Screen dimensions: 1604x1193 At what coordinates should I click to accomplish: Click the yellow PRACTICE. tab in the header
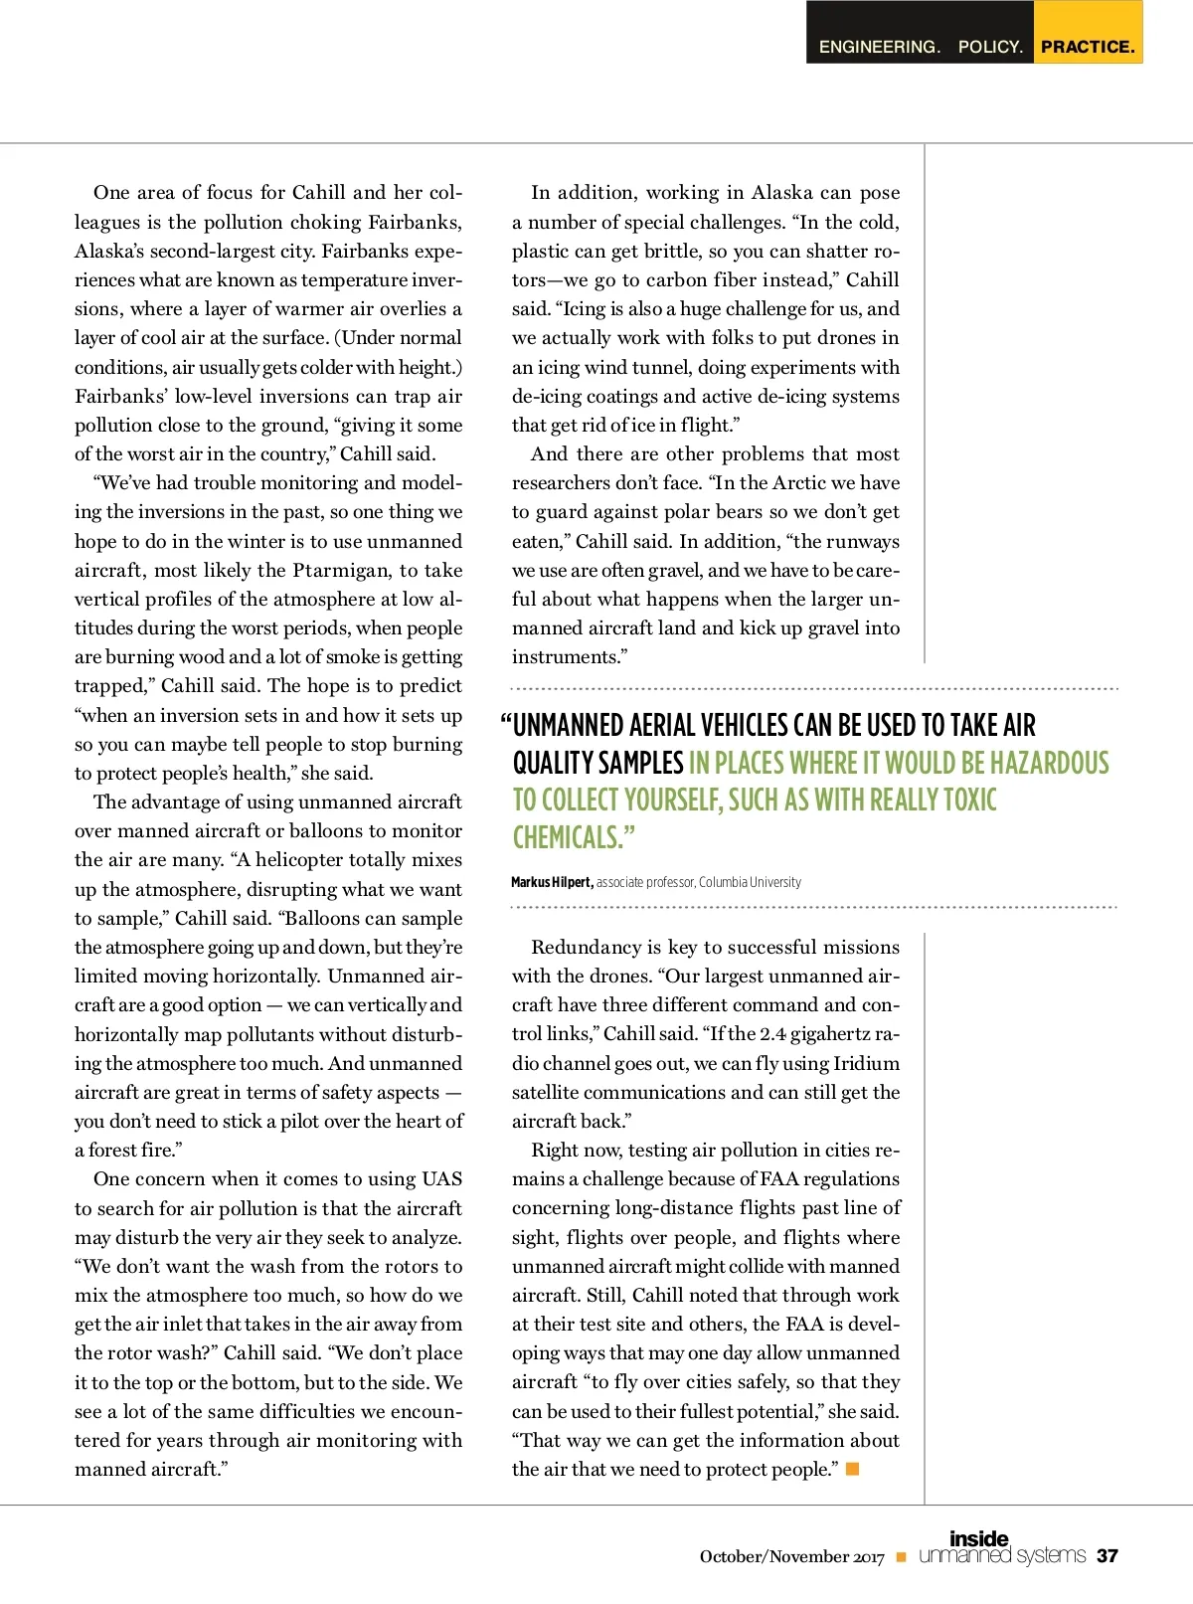[1088, 47]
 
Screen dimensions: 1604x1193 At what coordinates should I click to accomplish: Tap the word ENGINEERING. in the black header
[879, 47]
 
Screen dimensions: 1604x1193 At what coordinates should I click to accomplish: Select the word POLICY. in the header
[990, 47]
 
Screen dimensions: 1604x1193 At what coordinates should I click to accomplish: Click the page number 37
[1107, 1556]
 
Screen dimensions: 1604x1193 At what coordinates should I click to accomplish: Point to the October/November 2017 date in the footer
[791, 1557]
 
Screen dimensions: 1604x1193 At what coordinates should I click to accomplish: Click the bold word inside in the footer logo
[978, 1539]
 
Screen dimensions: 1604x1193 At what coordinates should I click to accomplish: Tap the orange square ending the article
[852, 1469]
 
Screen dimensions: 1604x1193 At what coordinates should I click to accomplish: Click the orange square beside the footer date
[901, 1557]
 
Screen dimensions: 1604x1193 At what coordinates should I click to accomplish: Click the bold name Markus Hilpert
[552, 882]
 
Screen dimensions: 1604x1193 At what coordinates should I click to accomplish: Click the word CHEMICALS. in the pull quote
[573, 837]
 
